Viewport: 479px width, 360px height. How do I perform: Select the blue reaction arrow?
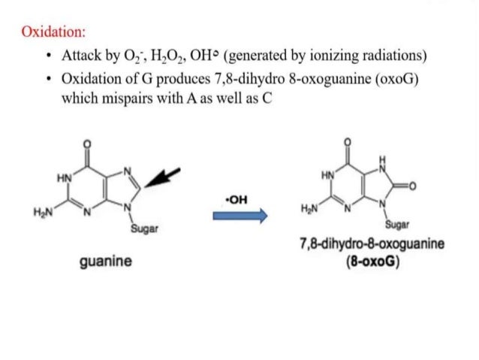[240, 216]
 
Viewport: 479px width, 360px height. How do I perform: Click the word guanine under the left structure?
[106, 261]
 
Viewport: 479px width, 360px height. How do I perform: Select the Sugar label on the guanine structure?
[144, 228]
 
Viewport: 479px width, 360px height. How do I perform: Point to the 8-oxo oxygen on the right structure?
[413, 186]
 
